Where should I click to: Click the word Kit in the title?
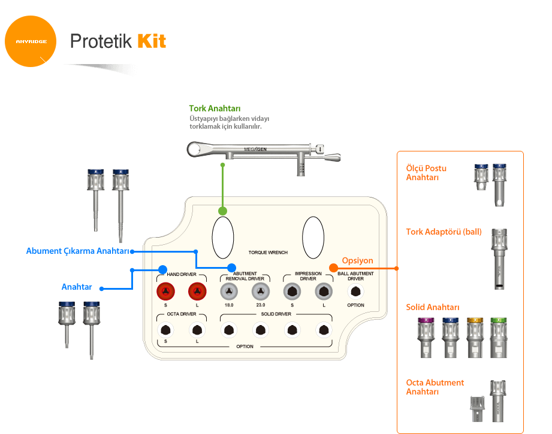tap(151, 41)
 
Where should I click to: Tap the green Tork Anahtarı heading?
tap(215, 108)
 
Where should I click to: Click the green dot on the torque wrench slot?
tap(222, 211)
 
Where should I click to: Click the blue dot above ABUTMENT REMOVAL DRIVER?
tap(231, 268)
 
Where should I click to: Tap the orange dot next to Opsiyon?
tap(334, 268)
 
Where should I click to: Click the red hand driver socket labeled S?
tap(166, 292)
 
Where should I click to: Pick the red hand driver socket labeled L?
tap(197, 292)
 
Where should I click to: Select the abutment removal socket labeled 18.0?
tap(228, 292)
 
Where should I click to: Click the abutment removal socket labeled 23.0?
tap(260, 292)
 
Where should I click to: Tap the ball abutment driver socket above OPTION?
tap(355, 292)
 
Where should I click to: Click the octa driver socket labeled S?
tap(166, 329)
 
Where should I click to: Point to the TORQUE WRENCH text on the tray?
tap(268, 253)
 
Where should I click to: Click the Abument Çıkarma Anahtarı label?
tap(79, 251)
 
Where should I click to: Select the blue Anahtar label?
tap(77, 287)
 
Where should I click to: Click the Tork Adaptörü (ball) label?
tap(444, 231)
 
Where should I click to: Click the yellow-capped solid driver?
tap(475, 338)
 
